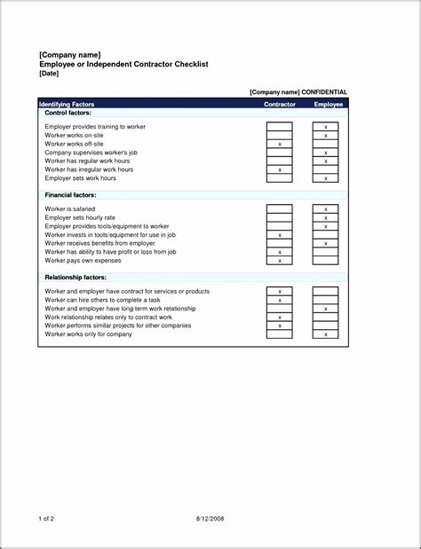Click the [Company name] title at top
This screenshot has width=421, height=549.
(64, 55)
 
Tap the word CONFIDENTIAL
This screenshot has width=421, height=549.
(325, 92)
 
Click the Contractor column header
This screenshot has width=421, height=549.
(280, 104)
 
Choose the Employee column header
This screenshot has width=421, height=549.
(328, 104)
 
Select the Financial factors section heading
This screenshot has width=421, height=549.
(70, 194)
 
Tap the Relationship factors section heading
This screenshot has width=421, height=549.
(76, 278)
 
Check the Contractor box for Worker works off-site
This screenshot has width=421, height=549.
(280, 144)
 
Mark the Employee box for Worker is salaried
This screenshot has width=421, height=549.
(326, 209)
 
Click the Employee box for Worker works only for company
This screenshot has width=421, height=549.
(326, 334)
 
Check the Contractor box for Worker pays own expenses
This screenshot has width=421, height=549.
(280, 261)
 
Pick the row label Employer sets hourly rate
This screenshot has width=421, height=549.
(80, 217)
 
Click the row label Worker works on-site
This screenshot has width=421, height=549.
(75, 136)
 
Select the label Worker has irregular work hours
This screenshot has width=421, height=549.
(89, 169)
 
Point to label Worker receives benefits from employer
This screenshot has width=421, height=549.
(99, 243)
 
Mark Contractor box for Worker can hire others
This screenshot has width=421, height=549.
(280, 300)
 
